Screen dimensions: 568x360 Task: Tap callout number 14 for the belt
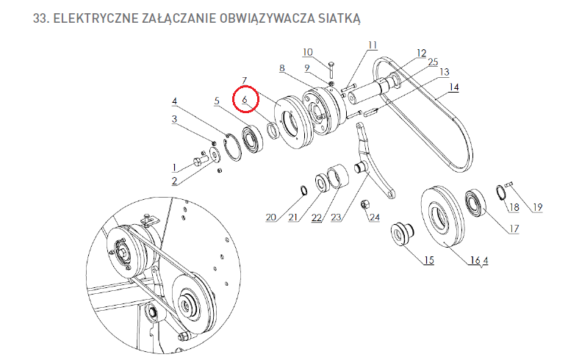454,87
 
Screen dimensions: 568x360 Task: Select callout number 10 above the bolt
308,52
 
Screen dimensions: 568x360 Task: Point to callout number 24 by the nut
375,217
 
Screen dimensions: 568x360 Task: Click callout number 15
429,260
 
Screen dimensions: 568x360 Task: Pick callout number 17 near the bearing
514,228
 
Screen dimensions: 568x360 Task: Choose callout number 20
271,217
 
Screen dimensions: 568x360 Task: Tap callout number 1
175,168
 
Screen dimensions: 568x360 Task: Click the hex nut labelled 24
364,204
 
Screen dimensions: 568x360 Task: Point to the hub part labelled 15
402,234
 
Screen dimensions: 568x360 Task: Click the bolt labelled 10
331,70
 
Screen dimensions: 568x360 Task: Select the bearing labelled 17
475,203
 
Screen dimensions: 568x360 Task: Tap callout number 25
434,62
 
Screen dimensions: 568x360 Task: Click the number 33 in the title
40,18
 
